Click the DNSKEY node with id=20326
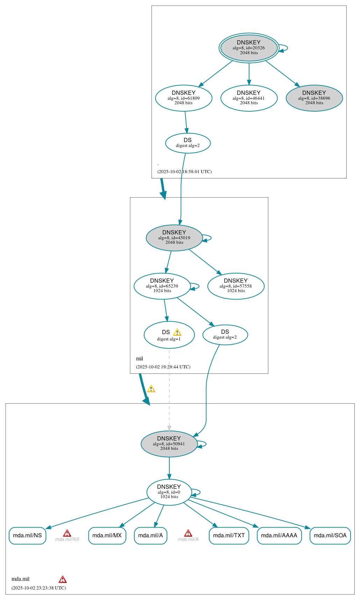(249, 48)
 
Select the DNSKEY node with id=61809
(184, 98)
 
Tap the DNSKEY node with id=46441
(249, 98)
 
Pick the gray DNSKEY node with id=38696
(314, 98)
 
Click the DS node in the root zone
(188, 143)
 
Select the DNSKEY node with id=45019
(174, 238)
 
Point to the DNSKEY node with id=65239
(162, 286)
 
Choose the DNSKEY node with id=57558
(236, 286)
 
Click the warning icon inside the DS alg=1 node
(177, 332)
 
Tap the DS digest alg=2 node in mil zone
(225, 334)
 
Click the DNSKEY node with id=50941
(169, 444)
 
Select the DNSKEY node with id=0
(169, 492)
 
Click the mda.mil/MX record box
(107, 535)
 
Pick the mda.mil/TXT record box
(229, 535)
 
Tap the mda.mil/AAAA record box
(279, 535)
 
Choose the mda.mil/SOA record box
(330, 535)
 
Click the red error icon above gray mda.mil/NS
(67, 533)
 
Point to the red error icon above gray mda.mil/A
(188, 533)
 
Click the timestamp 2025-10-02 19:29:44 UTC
(163, 367)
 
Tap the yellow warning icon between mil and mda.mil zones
(151, 389)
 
